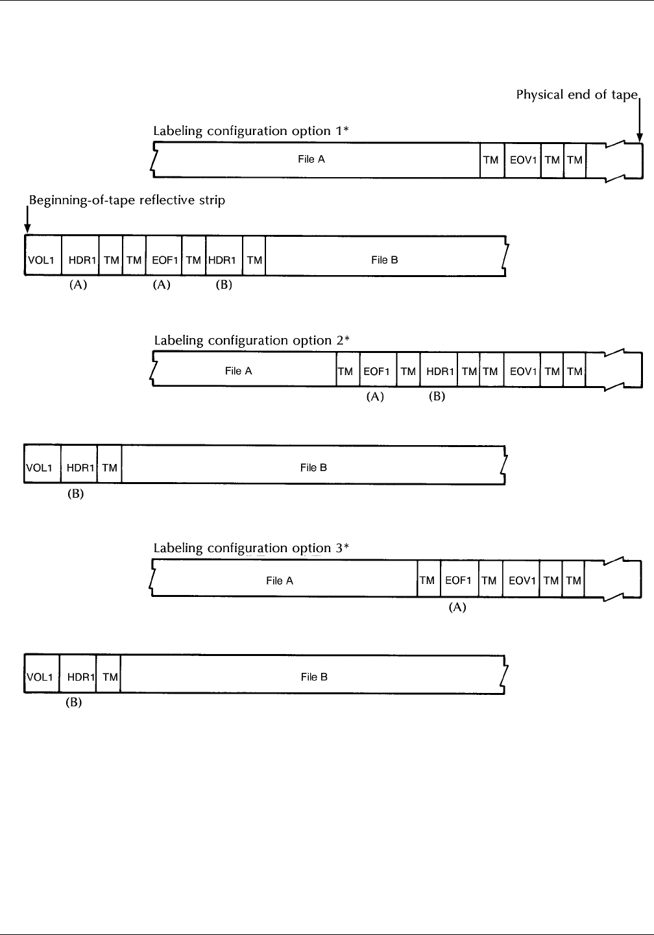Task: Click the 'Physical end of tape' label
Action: pos(577,95)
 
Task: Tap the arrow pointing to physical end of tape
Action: pos(640,120)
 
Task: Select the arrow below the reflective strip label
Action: pos(27,219)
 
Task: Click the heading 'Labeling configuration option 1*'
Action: pos(251,130)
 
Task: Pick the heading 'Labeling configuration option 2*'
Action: pos(252,340)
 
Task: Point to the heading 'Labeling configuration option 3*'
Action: pos(251,548)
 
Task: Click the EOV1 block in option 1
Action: pos(522,160)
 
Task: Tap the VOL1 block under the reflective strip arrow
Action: pos(40,260)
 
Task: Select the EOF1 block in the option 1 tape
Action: pos(163,260)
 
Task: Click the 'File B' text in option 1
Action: pos(384,260)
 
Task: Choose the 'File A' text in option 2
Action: pos(238,371)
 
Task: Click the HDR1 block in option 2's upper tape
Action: pos(439,371)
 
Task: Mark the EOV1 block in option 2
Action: pos(522,371)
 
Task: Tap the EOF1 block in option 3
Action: pos(458,580)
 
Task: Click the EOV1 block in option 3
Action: pos(521,580)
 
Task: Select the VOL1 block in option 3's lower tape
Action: pos(40,677)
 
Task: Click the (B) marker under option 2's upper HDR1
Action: pos(437,396)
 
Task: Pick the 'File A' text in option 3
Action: pos(280,581)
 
